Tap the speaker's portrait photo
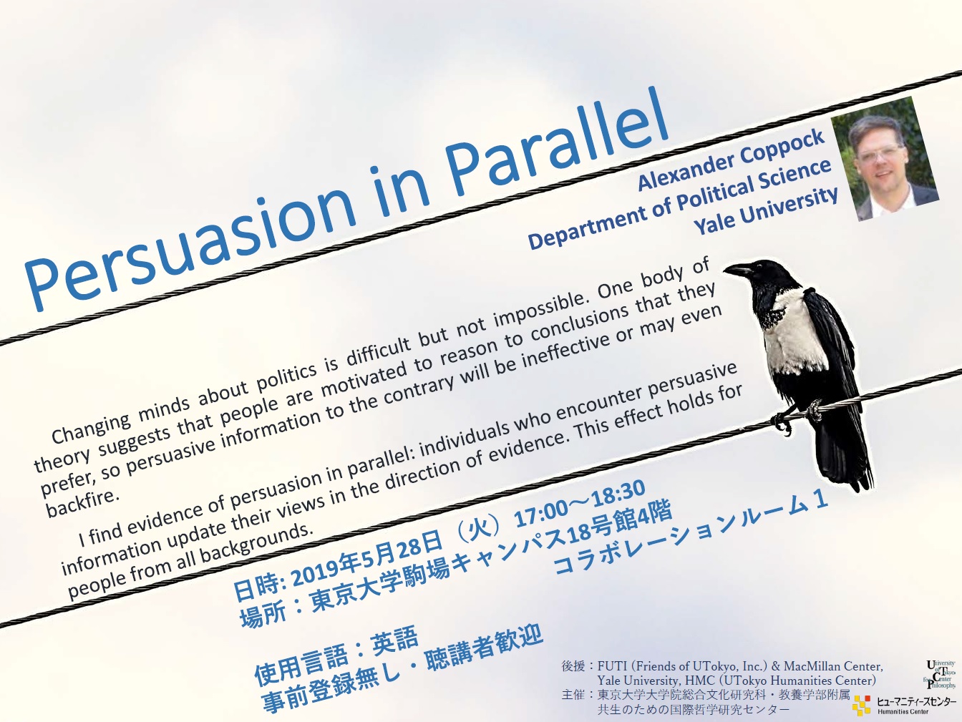click(885, 159)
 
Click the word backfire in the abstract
click(82, 503)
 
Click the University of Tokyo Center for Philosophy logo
click(939, 674)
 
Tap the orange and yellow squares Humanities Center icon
click(861, 705)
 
